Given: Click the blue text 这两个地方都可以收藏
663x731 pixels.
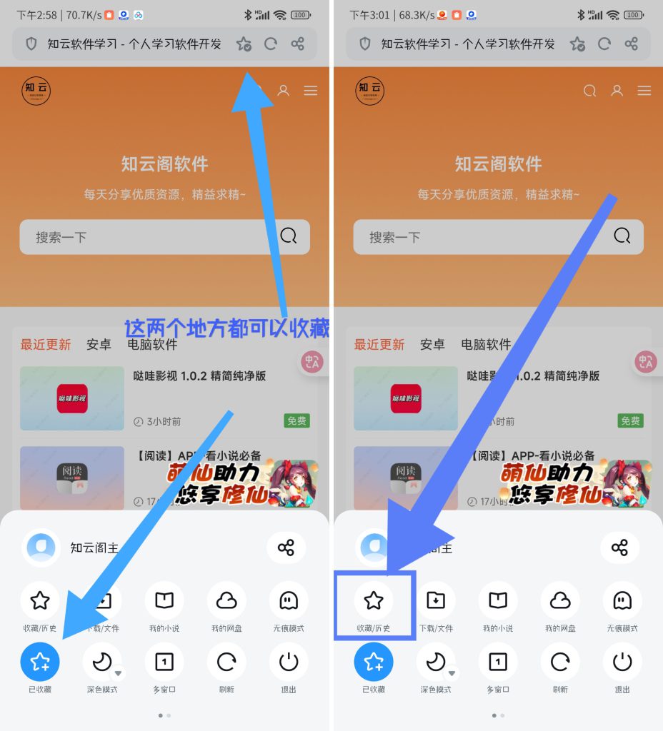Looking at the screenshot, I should pos(227,328).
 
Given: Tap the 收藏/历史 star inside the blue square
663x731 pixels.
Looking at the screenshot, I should pos(374,601).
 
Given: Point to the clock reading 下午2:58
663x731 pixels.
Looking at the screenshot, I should pos(36,14).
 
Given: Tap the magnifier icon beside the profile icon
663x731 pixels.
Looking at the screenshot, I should pos(590,91).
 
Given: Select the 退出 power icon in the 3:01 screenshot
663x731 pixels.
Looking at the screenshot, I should pos(622,662).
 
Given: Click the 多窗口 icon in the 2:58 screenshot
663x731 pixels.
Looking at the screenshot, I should pos(164,662).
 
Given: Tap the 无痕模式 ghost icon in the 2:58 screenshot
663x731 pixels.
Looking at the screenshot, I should pos(289,601).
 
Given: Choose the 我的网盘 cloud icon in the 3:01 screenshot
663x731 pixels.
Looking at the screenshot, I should pos(560,601).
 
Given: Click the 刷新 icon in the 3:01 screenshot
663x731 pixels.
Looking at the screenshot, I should pos(560,662).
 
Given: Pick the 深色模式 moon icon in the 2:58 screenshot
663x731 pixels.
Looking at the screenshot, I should pos(102,662).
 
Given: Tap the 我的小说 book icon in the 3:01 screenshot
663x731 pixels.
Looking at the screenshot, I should pos(498,601).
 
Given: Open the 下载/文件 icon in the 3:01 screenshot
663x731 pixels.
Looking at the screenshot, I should pos(436,601).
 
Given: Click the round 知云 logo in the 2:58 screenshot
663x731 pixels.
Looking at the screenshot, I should pos(36,91).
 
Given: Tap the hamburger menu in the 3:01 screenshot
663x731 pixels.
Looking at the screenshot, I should pos(644,91).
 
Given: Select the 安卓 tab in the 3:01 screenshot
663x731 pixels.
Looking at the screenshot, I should pos(432,345).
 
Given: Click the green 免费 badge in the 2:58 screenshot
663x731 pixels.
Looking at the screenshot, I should pos(296,421).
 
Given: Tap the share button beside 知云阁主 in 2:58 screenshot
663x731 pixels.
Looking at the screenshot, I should pos(286,548).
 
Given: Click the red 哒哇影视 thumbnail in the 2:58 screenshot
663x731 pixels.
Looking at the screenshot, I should pos(72,398).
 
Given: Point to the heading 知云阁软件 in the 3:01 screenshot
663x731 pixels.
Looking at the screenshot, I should pos(498,164).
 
